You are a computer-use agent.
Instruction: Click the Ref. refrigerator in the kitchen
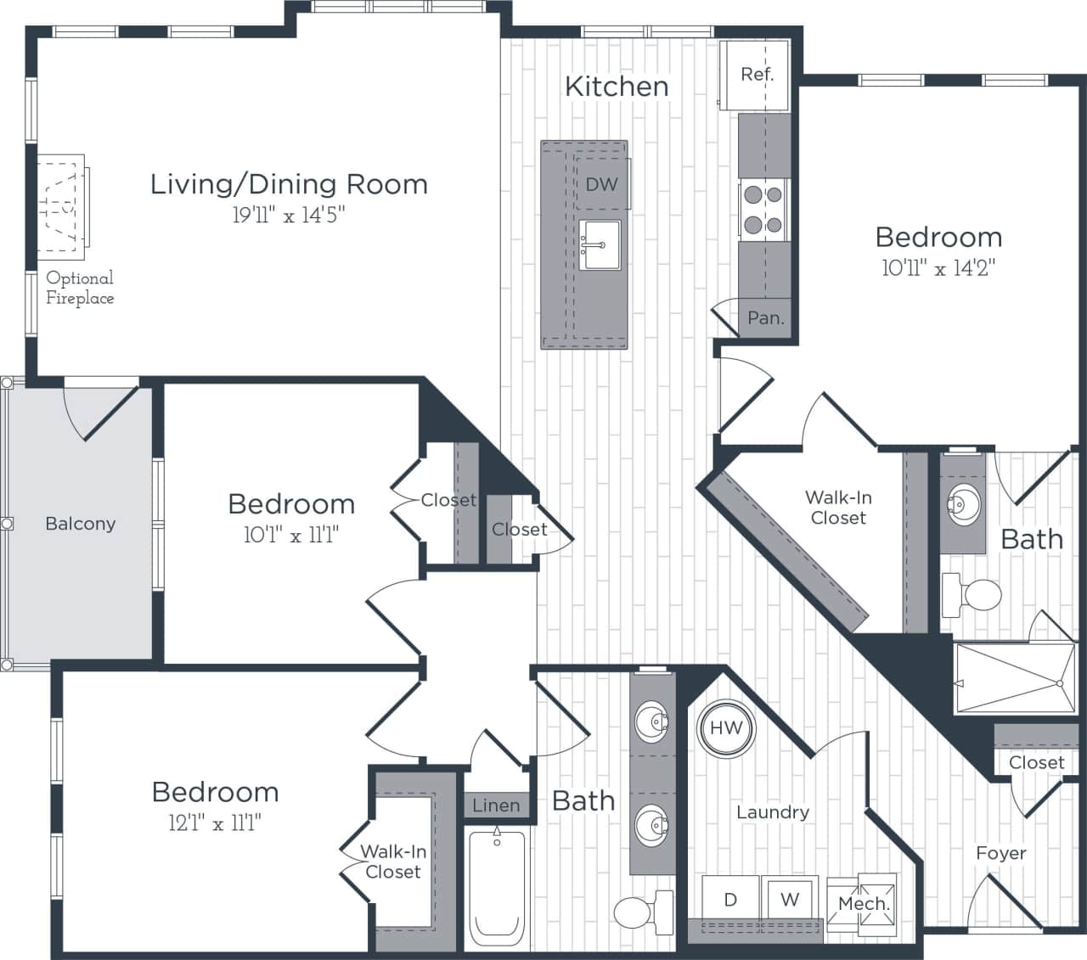754,74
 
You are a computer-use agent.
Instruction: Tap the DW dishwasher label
601,184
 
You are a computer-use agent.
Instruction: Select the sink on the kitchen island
600,244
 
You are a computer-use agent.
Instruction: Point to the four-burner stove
762,210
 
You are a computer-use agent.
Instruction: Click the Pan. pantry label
765,318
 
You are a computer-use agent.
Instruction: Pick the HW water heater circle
726,727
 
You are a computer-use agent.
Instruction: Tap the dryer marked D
730,900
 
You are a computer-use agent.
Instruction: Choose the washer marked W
790,899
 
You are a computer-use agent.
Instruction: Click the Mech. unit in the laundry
863,904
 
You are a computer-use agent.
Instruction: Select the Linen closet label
496,806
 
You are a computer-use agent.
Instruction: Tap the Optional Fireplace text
80,288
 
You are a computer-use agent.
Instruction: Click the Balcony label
80,524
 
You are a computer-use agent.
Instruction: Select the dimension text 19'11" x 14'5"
288,216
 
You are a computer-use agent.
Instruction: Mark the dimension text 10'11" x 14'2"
938,268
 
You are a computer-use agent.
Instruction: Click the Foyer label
1000,853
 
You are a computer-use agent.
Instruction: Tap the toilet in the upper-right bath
974,594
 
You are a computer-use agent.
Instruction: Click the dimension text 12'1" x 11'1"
215,822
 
